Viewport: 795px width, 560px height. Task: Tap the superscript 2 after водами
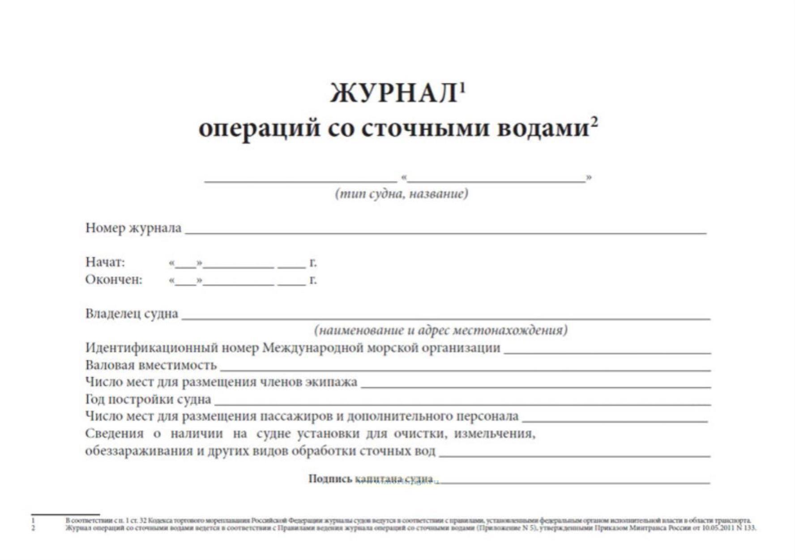coord(594,121)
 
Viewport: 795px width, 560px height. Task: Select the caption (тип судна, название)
coord(402,194)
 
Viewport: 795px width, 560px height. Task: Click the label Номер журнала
coord(133,228)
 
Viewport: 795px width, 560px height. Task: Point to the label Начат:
coord(105,262)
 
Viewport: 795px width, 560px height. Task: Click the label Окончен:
coord(114,280)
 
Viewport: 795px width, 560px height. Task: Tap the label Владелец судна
coord(132,314)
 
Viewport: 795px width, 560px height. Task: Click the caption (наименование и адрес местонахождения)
coord(440,331)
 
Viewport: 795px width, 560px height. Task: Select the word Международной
coord(312,348)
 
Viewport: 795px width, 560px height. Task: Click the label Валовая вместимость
coord(151,365)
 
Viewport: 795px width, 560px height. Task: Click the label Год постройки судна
coord(148,399)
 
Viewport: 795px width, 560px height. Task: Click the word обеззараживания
coord(139,451)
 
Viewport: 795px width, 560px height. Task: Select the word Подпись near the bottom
coord(330,479)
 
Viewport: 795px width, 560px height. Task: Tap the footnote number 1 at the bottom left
coord(33,521)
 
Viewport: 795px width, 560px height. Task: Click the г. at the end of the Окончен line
coord(313,280)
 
